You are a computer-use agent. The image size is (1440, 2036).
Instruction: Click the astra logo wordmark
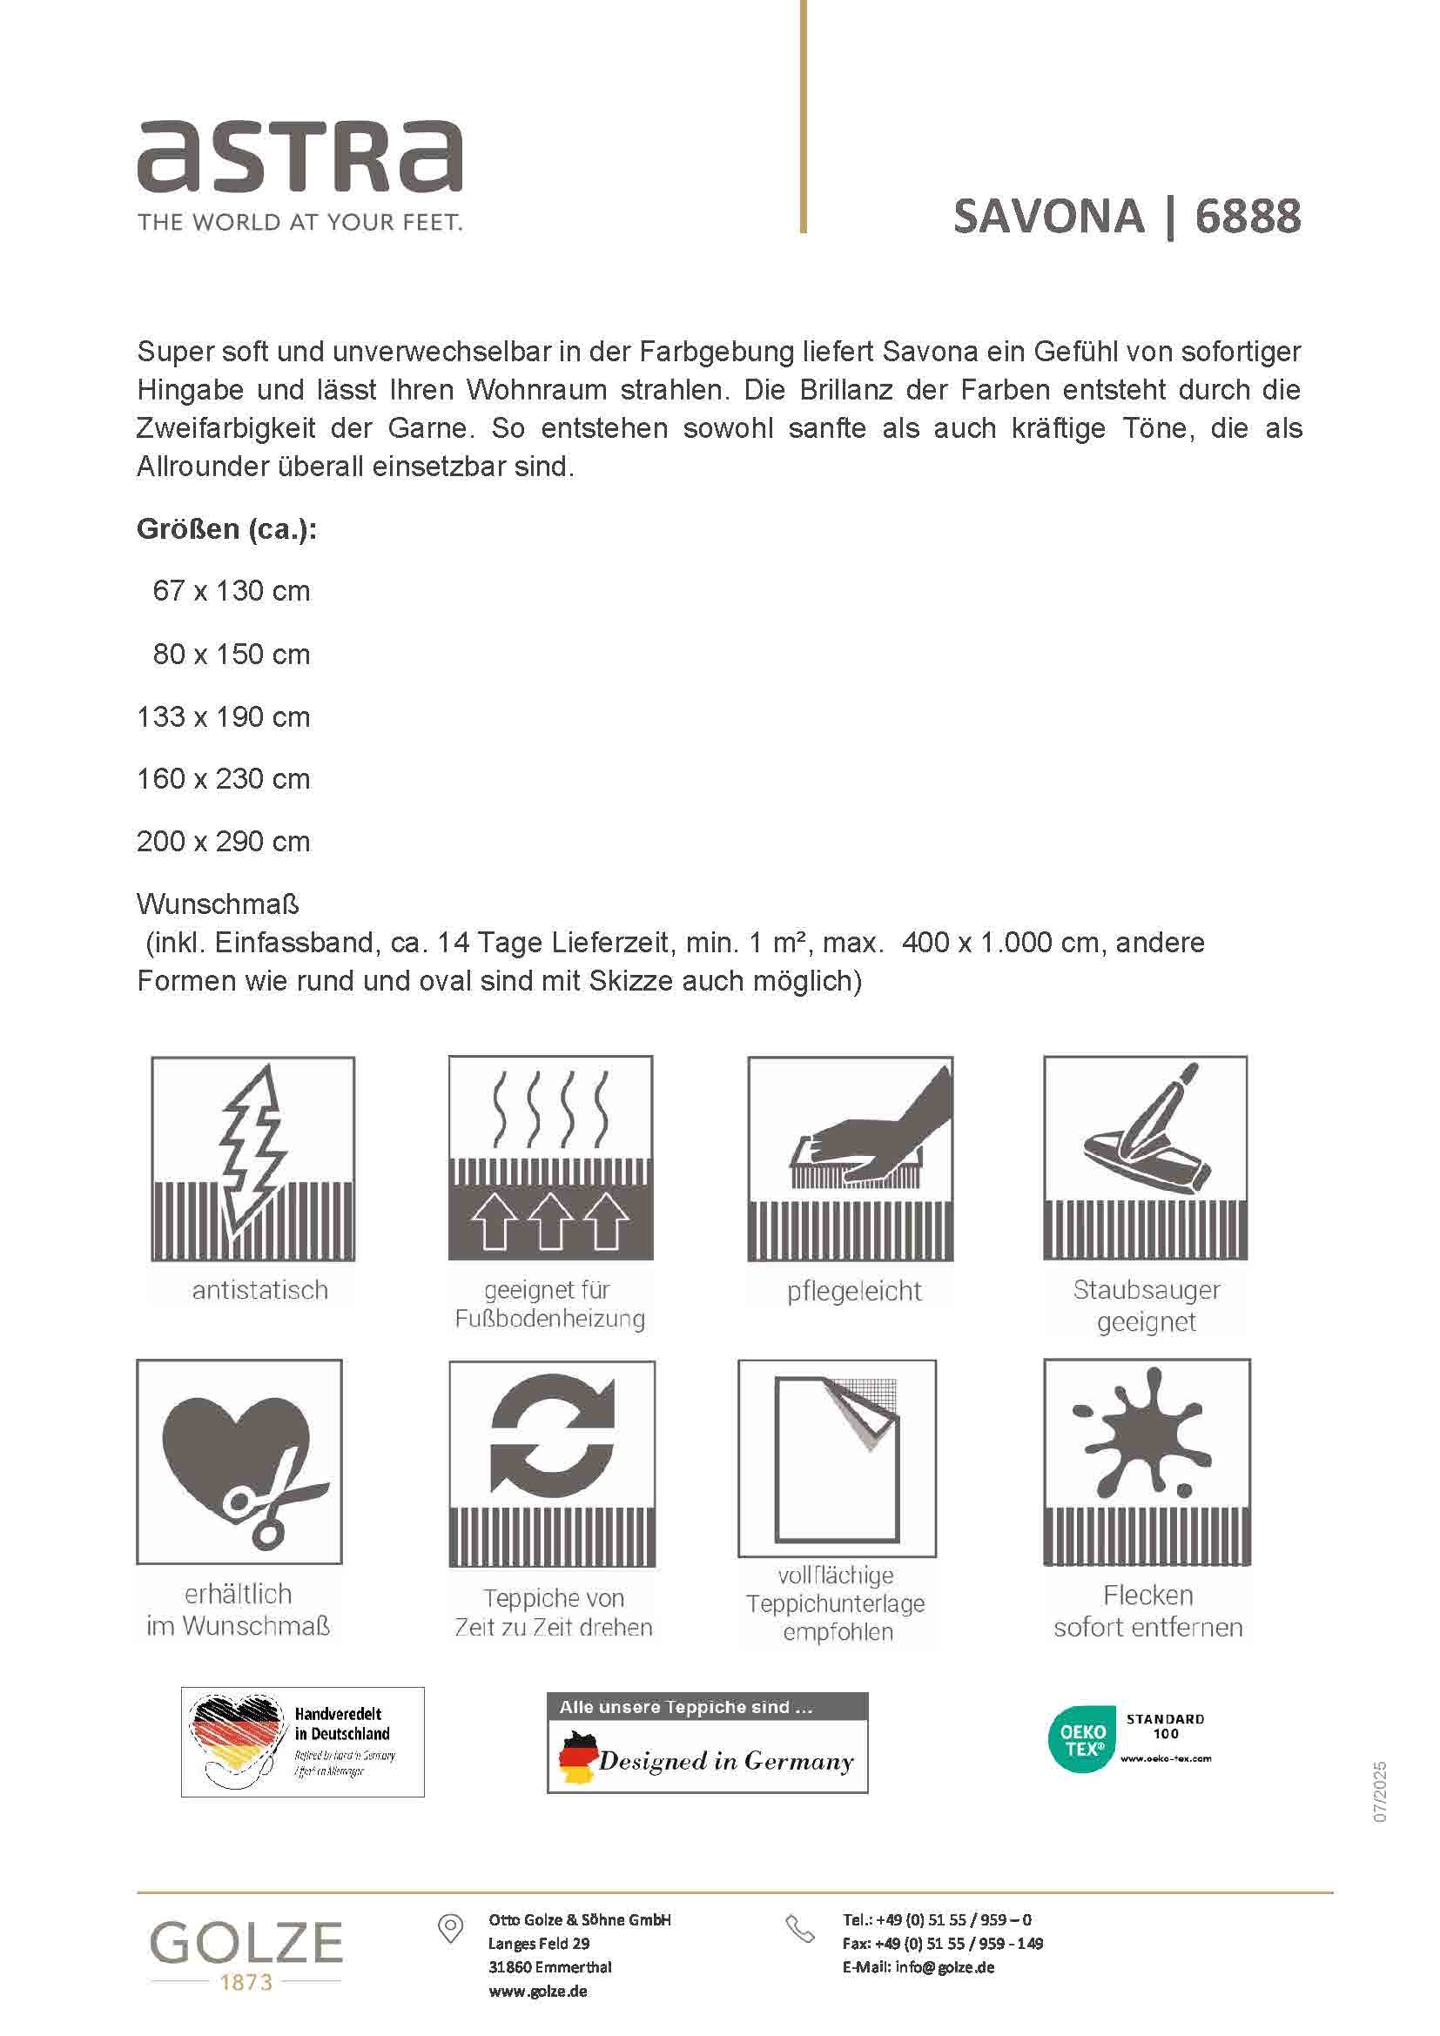point(299,158)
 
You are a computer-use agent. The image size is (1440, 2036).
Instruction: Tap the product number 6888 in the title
point(1248,217)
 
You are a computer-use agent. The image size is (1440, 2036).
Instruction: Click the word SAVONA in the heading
point(1048,217)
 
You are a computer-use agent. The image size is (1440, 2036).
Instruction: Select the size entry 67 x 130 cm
point(231,590)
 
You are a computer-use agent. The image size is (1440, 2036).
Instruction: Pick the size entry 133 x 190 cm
point(224,716)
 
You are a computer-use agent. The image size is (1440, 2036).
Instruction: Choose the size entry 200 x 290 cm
point(224,841)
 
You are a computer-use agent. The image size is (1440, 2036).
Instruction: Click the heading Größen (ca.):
point(226,528)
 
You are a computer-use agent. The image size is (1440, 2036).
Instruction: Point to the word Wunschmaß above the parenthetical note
point(219,904)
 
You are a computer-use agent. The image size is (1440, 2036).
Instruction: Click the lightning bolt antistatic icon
point(252,1158)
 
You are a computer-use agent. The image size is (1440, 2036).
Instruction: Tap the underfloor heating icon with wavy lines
point(550,1157)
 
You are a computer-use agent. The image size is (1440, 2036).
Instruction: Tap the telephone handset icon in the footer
point(800,1929)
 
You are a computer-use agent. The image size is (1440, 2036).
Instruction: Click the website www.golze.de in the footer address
point(537,1991)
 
